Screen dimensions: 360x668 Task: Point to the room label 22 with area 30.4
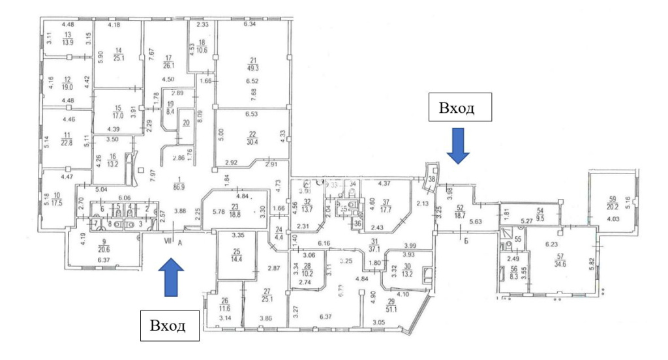pyautogui.click(x=250, y=140)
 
